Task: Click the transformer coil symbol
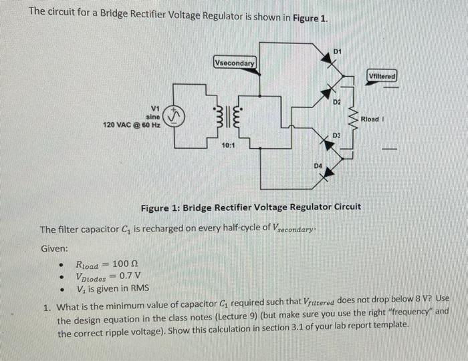[x=225, y=120]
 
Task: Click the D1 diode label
[x=337, y=51]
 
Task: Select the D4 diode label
[x=318, y=164]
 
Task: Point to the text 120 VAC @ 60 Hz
[x=131, y=125]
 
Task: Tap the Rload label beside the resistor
[x=372, y=119]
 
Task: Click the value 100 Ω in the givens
[x=126, y=263]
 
